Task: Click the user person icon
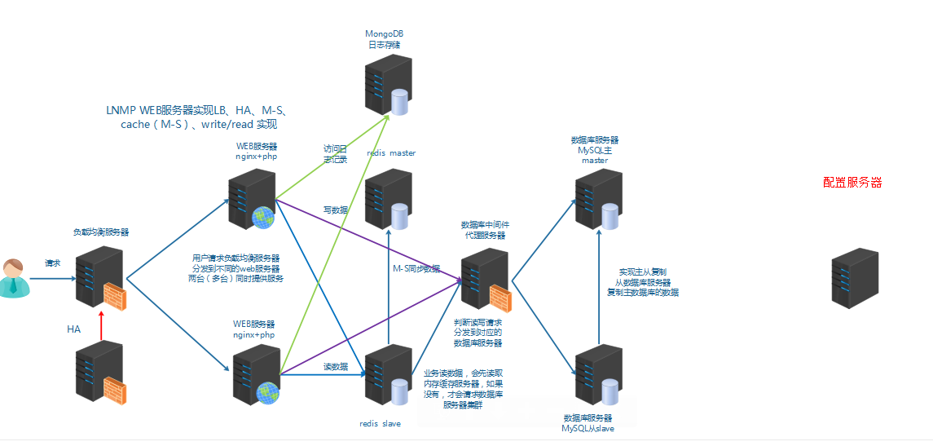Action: pyautogui.click(x=14, y=278)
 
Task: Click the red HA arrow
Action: pyautogui.click(x=100, y=325)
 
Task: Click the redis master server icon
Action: pyautogui.click(x=388, y=199)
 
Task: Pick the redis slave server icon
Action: pyautogui.click(x=388, y=374)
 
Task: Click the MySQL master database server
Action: pyautogui.click(x=599, y=200)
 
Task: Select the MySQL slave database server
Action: pyautogui.click(x=599, y=375)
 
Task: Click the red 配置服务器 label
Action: pyautogui.click(x=852, y=183)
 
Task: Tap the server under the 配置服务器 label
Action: pyautogui.click(x=855, y=278)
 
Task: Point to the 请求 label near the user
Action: pyautogui.click(x=53, y=263)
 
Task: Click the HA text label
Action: pyautogui.click(x=73, y=329)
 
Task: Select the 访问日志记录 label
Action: pyautogui.click(x=335, y=154)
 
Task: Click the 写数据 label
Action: pyautogui.click(x=335, y=210)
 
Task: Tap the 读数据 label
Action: pyautogui.click(x=335, y=366)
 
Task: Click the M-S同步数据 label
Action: pyautogui.click(x=416, y=268)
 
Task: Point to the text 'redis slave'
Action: pyautogui.click(x=380, y=424)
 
